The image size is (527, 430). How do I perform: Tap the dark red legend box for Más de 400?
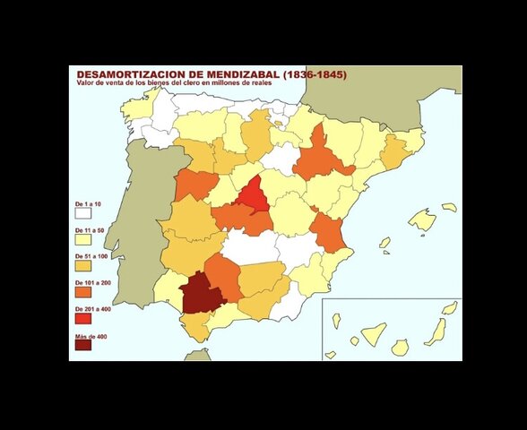click(83, 345)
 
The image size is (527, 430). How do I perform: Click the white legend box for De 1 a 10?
click(83, 213)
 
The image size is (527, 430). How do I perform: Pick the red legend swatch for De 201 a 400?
click(83, 318)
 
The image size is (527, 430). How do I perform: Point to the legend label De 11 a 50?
click(91, 229)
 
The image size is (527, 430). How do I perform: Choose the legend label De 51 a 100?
click(91, 255)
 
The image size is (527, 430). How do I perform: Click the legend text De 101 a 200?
click(92, 282)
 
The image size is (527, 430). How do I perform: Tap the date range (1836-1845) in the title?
click(315, 74)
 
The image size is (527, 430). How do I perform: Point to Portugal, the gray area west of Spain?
click(143, 224)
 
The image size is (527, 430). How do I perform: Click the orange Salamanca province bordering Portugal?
click(195, 184)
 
